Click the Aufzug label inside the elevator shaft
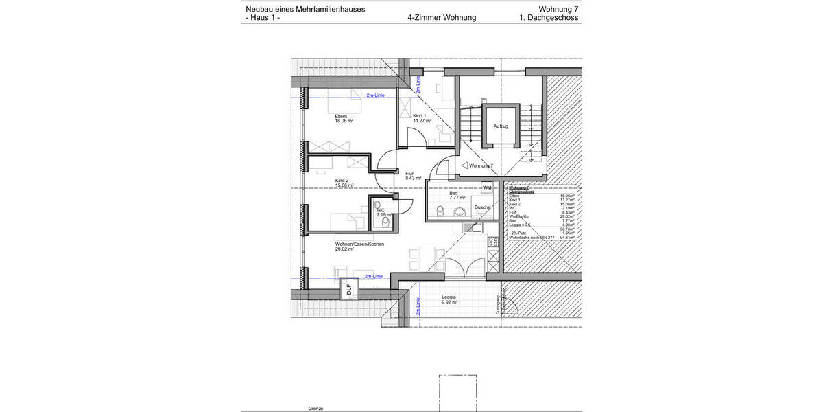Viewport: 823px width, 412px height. click(x=501, y=126)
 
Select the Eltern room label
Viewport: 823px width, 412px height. click(x=341, y=116)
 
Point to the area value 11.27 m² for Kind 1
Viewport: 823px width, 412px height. click(x=422, y=121)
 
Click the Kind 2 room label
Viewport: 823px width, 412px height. click(x=342, y=181)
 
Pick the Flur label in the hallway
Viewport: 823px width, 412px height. click(x=409, y=174)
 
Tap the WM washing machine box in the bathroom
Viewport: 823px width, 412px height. click(x=488, y=187)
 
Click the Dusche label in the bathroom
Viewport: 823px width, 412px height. click(x=482, y=207)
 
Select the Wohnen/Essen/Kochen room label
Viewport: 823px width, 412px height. click(x=359, y=244)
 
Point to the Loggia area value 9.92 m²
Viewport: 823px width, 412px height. click(x=449, y=302)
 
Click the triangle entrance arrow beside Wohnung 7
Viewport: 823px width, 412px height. click(x=465, y=165)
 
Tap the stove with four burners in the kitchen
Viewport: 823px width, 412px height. click(x=492, y=242)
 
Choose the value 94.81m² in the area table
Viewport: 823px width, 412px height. click(x=566, y=237)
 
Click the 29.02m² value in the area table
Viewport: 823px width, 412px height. click(x=566, y=216)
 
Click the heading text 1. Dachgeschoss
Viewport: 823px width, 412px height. click(x=549, y=18)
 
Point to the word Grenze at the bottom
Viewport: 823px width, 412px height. click(x=315, y=408)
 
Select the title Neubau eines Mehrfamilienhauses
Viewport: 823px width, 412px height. click(x=305, y=9)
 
